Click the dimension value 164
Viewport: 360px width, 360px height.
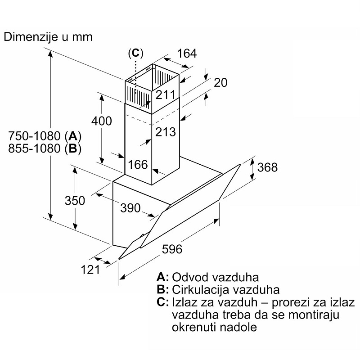point(187,54)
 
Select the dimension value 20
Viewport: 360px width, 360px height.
point(220,83)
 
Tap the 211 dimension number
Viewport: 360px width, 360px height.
point(165,94)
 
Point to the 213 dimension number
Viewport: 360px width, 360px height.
point(165,132)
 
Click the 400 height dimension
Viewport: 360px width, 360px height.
point(102,121)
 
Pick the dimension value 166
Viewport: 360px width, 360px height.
point(138,165)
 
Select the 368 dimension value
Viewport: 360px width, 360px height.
point(267,167)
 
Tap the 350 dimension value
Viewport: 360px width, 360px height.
point(75,200)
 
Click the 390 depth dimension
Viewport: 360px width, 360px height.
point(130,208)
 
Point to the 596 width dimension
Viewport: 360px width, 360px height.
point(172,249)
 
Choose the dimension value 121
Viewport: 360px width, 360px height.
point(90,270)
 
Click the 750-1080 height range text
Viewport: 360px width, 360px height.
point(34,136)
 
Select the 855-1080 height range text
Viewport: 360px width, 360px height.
point(34,148)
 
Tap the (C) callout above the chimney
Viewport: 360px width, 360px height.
point(135,53)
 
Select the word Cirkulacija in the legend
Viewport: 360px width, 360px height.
point(198,290)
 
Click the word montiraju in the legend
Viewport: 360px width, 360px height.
point(314,315)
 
